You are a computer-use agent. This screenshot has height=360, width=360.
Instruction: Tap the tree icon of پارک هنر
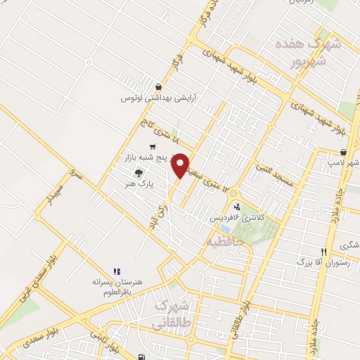click(139, 172)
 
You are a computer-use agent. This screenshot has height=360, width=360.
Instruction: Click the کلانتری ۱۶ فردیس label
click(238, 219)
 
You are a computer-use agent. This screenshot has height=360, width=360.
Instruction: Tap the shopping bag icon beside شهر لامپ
click(343, 152)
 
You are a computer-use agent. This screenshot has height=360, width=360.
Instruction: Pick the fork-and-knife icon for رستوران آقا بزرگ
click(324, 252)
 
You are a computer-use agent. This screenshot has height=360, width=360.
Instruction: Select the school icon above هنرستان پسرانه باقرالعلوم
click(117, 271)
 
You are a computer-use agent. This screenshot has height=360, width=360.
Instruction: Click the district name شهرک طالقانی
click(171, 314)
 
